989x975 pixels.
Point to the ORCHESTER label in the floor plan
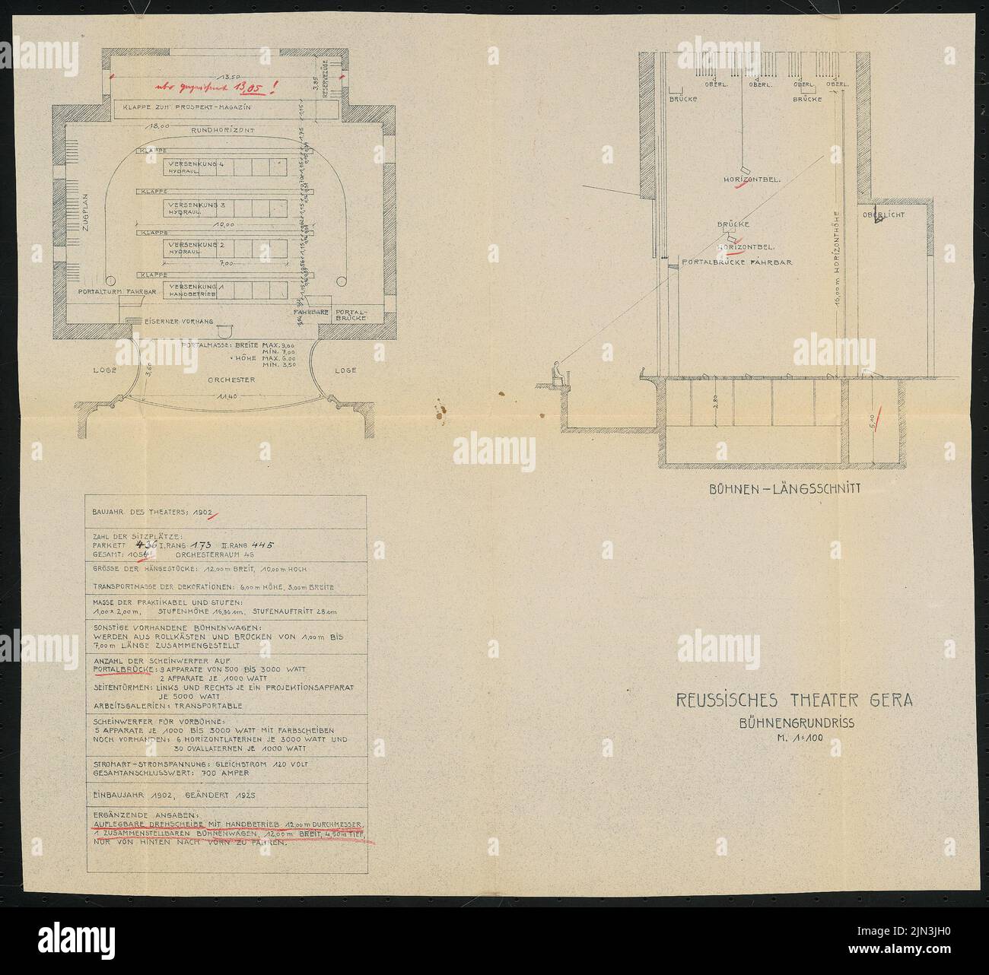click(231, 379)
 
